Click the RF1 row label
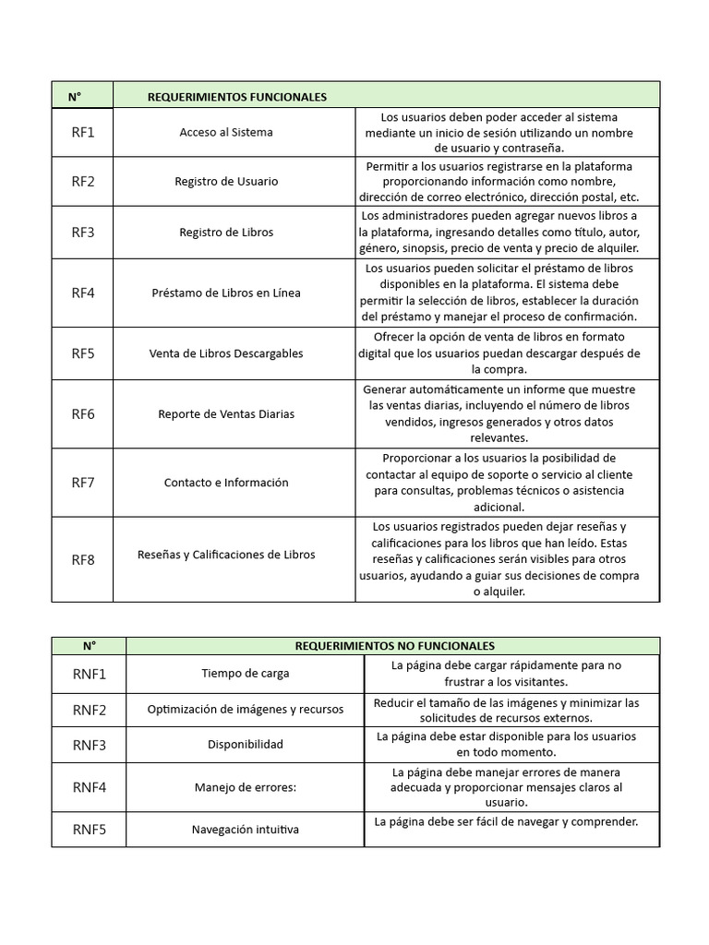pos(83,132)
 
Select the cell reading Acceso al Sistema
pos(226,132)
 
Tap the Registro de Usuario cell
pos(226,182)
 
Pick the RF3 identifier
pos(83,233)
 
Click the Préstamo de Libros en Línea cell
pos(226,293)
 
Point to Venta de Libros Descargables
pos(226,353)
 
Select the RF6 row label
pos(83,414)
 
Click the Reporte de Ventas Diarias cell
pos(226,414)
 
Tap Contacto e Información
pos(226,483)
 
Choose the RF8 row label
pos(83,559)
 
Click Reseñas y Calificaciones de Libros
pos(226,555)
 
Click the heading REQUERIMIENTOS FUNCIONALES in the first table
pos(236,97)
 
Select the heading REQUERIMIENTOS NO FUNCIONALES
pos(394,646)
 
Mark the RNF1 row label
pos(90,674)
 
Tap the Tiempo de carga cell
pos(246,674)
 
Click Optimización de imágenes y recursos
pos(246,710)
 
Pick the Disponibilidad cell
pos(246,745)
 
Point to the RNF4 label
pos(90,788)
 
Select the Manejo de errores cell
pos(246,788)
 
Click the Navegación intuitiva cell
pos(246,830)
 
